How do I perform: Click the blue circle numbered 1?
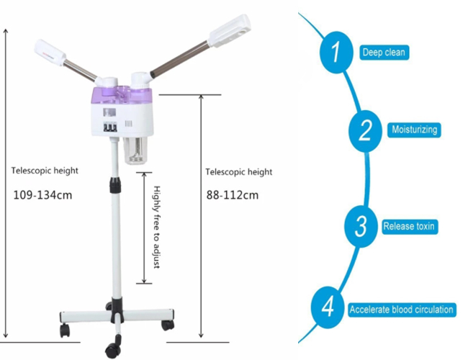[x=336, y=53]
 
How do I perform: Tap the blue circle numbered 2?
[x=365, y=131]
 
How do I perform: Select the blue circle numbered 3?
[x=361, y=226]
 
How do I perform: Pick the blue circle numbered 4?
[x=328, y=307]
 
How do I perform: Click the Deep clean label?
[x=384, y=53]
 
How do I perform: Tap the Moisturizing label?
[x=414, y=130]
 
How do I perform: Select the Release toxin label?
[x=409, y=226]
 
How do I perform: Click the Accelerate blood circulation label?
[x=402, y=310]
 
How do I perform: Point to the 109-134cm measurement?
[x=42, y=195]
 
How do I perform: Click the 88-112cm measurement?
[x=233, y=195]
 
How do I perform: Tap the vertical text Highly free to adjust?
[x=157, y=228]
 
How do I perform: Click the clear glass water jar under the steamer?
[x=136, y=150]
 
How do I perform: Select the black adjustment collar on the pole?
[x=115, y=185]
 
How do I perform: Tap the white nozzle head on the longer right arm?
[x=230, y=31]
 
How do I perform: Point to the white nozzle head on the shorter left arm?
[x=50, y=52]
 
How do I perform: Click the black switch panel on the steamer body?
[x=110, y=127]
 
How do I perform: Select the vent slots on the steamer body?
[x=128, y=124]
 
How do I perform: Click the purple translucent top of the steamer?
[x=122, y=95]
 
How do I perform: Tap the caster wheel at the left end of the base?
[x=65, y=330]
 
